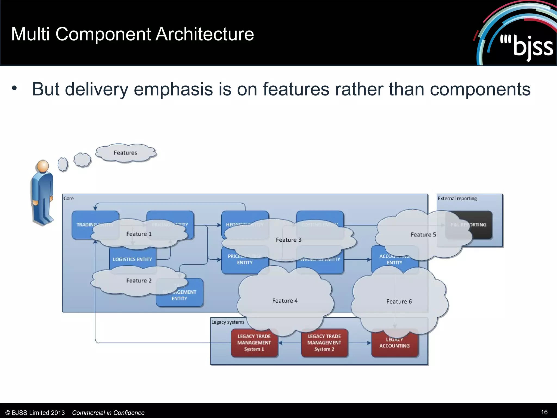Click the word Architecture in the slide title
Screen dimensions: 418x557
point(205,34)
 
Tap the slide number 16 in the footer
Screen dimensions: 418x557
point(544,412)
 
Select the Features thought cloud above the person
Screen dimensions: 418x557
point(125,153)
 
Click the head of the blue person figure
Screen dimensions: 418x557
point(43,166)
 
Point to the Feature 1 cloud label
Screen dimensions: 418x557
point(139,234)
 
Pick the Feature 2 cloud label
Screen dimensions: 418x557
point(139,281)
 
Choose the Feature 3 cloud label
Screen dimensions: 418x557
point(289,240)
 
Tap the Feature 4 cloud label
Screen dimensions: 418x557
point(285,301)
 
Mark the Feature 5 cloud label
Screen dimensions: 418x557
point(423,235)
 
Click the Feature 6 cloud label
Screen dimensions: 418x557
point(399,302)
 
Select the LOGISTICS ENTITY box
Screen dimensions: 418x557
point(132,259)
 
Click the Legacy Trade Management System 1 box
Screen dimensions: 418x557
point(254,343)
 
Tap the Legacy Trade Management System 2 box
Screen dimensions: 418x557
point(324,343)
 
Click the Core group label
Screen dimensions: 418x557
point(69,198)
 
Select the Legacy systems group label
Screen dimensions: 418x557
point(228,322)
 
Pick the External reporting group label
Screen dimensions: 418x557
point(457,198)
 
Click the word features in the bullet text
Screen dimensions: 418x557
point(296,89)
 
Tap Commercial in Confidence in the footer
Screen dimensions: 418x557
point(108,413)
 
